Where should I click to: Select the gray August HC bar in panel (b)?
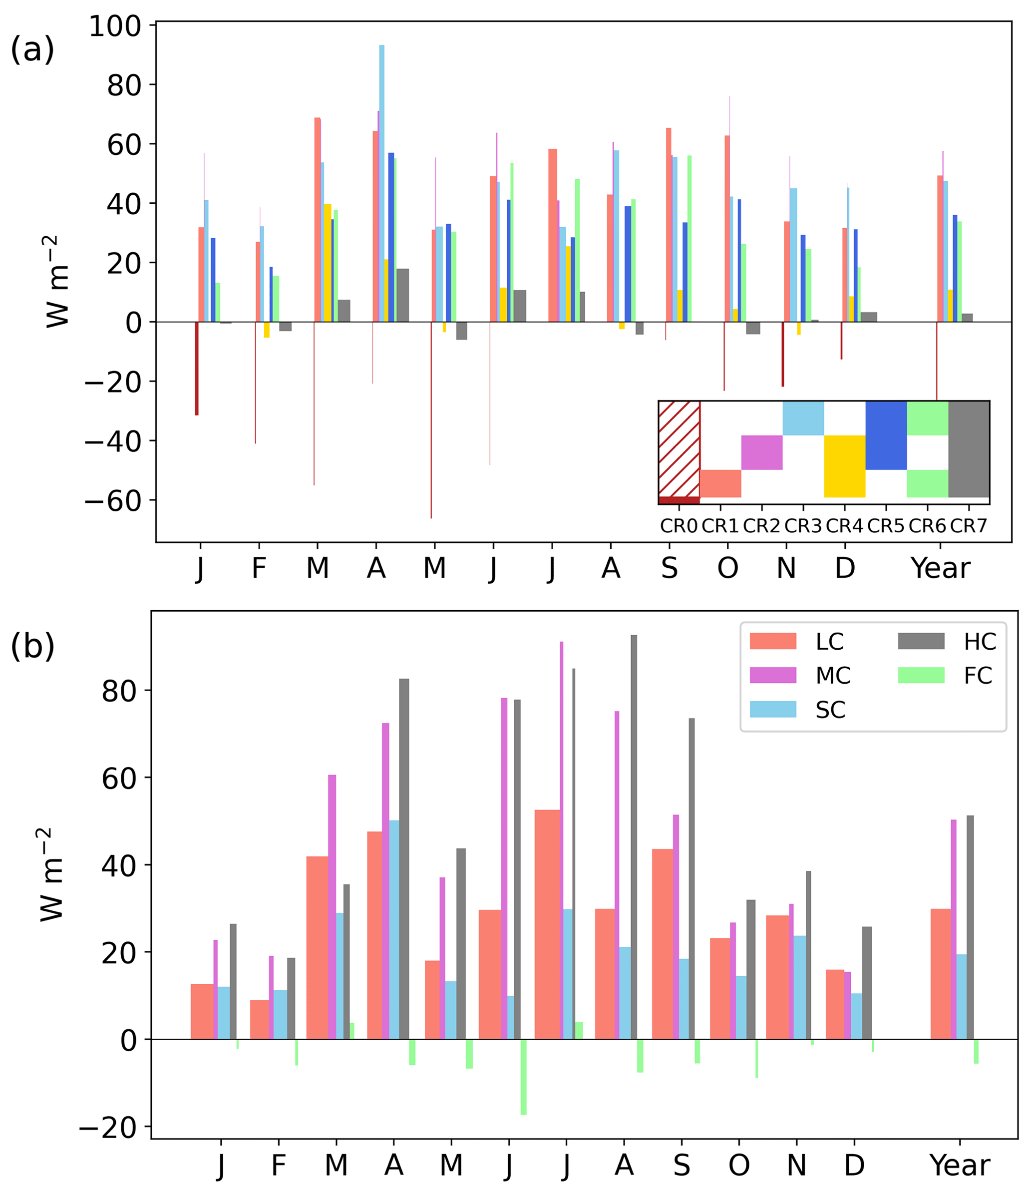point(634,836)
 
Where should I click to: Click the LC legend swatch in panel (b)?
point(773,641)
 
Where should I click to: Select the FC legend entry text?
point(978,675)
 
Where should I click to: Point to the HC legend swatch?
point(921,641)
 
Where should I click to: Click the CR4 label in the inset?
point(844,526)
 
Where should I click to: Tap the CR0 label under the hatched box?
point(679,526)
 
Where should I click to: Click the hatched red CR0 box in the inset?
point(680,448)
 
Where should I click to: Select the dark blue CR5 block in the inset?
point(886,435)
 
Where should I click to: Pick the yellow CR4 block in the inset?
point(844,466)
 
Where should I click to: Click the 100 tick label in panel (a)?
point(115,26)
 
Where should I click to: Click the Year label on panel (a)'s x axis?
point(940,569)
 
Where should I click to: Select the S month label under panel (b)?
point(682,1166)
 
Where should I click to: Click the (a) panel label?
point(32,49)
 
